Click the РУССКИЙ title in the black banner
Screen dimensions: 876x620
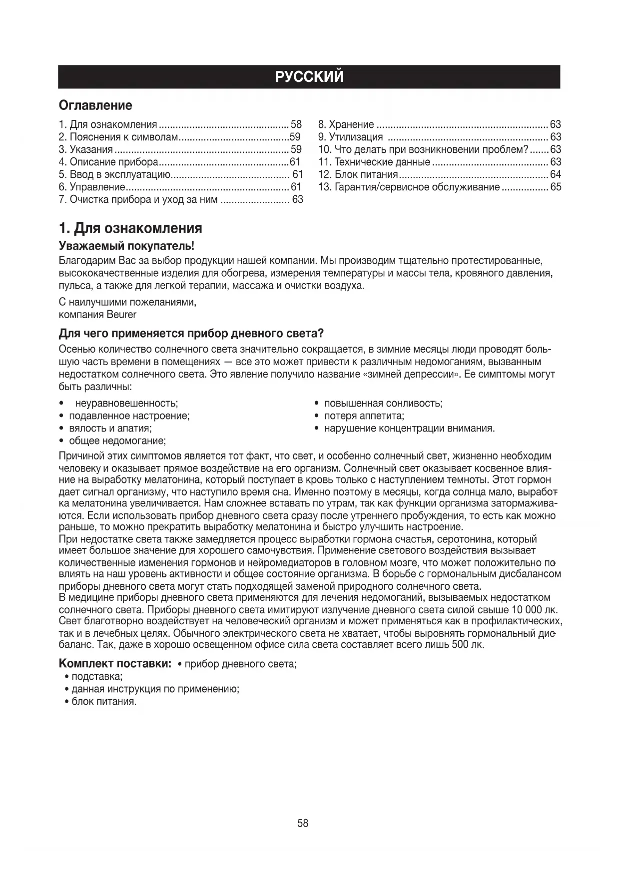click(309, 77)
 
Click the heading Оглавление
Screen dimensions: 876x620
click(95, 105)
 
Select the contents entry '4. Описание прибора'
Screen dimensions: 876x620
click(108, 162)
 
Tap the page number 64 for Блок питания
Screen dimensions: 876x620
click(555, 174)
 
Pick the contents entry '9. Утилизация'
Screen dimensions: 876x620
click(350, 137)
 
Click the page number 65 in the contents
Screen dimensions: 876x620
click(556, 187)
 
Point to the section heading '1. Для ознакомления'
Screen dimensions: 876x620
click(130, 228)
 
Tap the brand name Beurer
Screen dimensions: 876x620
click(121, 315)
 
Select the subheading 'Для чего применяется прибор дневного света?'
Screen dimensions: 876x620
click(191, 333)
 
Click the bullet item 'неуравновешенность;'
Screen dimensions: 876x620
click(126, 403)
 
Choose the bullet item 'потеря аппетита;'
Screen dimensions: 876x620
click(364, 416)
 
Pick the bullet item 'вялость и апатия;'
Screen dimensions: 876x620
click(110, 428)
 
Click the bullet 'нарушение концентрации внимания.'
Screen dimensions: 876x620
click(409, 428)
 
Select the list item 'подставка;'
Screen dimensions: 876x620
click(97, 677)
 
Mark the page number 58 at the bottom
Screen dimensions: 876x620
click(303, 823)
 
